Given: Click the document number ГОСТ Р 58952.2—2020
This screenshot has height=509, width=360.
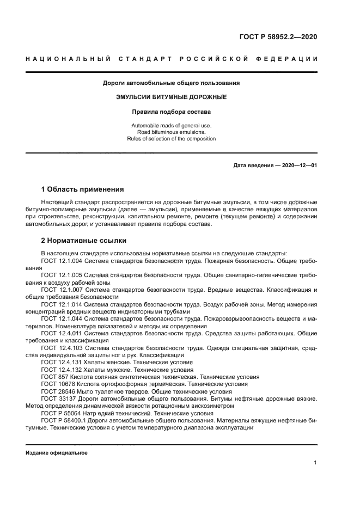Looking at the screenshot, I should click(x=278, y=37).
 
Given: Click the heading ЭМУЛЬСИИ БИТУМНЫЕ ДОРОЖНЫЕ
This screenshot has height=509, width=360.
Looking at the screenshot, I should click(x=172, y=97).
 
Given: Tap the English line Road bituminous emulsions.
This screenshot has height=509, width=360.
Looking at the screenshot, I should click(x=172, y=132).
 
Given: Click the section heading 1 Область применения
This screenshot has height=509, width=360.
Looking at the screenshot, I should click(x=82, y=189).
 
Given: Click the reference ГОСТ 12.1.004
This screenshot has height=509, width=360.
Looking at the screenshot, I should click(x=61, y=261).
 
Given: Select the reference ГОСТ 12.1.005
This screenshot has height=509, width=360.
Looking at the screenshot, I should click(x=61, y=276).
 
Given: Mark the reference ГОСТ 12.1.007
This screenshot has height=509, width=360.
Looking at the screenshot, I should click(x=61, y=291).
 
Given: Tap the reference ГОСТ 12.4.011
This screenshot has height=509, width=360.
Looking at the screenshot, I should click(x=61, y=333).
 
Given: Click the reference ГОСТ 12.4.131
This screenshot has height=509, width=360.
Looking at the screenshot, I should click(x=61, y=362).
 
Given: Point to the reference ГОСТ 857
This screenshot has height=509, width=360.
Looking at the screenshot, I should click(x=54, y=376).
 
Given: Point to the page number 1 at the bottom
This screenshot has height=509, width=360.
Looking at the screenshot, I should click(x=315, y=463).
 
